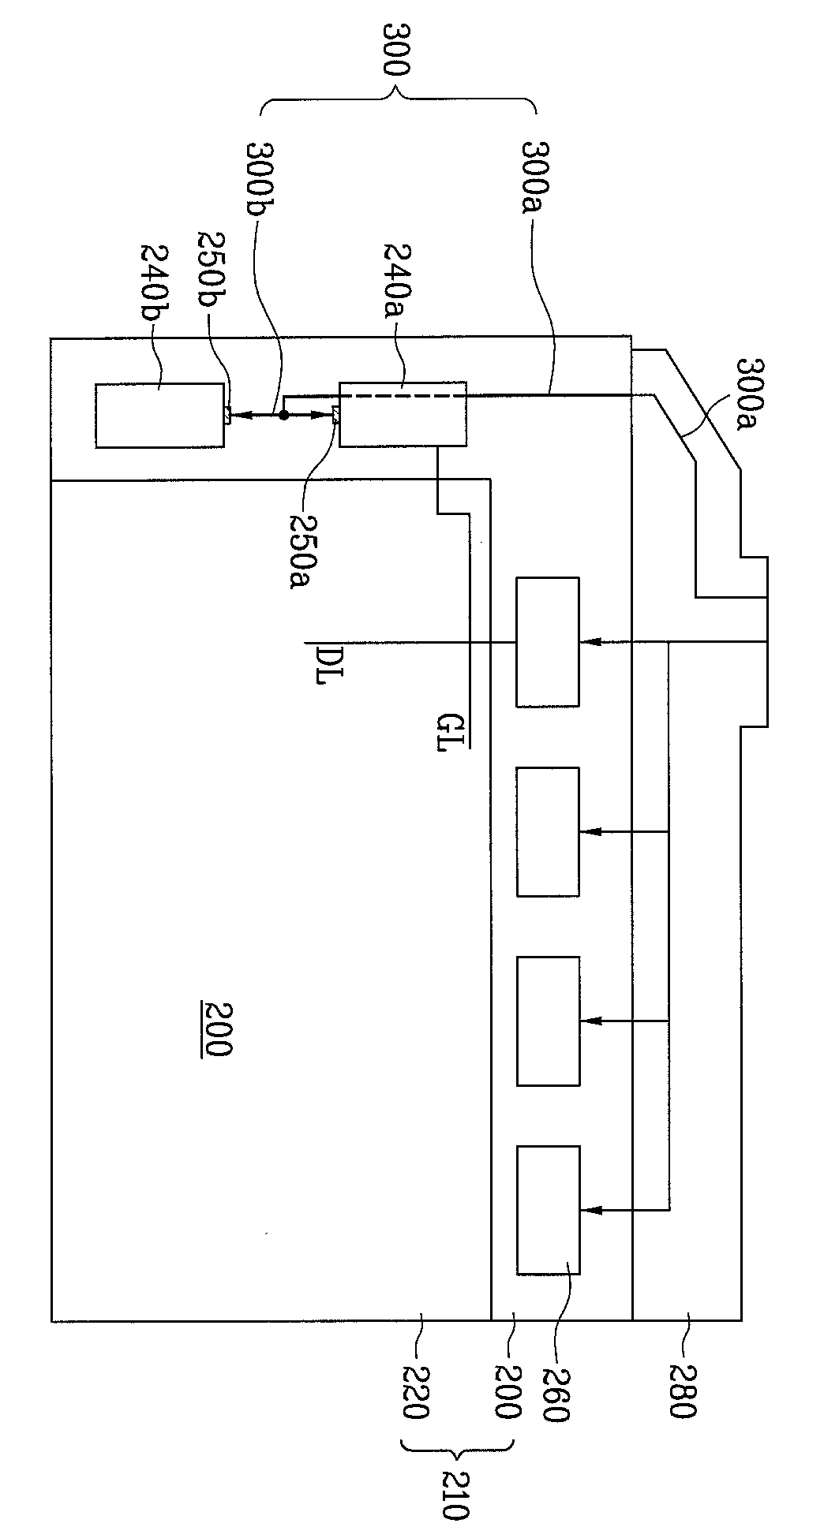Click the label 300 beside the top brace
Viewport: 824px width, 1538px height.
[395, 50]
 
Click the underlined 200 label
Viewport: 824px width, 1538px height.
[215, 1030]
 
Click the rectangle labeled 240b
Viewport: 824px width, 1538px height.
[159, 416]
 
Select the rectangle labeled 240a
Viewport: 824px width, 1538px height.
[403, 414]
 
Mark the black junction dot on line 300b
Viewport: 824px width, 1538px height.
[283, 414]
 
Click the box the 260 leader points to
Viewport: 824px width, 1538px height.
[548, 1210]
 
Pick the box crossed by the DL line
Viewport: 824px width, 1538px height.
[548, 642]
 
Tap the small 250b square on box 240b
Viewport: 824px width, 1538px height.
[227, 415]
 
